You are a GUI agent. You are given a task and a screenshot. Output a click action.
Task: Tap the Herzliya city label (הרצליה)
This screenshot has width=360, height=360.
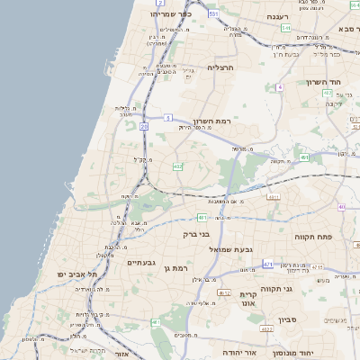click(220, 67)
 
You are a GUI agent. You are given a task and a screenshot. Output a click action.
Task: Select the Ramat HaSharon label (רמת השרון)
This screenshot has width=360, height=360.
click(211, 119)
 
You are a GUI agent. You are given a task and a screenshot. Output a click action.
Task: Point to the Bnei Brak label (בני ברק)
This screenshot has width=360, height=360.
click(195, 234)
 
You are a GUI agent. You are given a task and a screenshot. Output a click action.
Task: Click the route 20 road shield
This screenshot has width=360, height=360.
click(144, 127)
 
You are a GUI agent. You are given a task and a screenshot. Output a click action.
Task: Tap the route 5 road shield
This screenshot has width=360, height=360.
click(168, 118)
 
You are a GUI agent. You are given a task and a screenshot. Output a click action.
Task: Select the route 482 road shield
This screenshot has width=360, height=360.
click(177, 166)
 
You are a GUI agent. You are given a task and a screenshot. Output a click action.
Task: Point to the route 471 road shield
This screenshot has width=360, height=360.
click(267, 264)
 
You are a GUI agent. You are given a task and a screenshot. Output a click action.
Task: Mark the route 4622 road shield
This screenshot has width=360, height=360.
click(266, 330)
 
